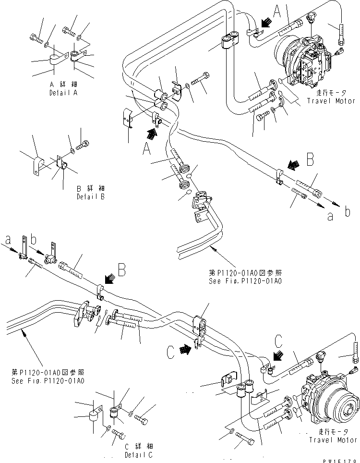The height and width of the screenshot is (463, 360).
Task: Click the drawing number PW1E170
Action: click(x=341, y=460)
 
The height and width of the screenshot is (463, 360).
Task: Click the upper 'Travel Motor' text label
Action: click(x=332, y=101)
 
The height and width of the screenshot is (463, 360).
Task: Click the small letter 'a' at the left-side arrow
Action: click(x=7, y=238)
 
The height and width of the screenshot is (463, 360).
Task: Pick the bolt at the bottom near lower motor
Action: click(x=244, y=439)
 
